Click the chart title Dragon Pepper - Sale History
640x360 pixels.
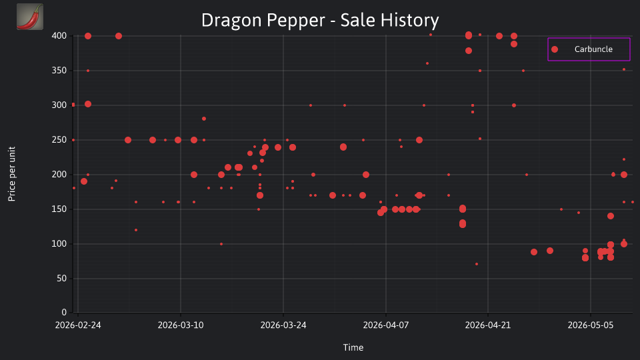click(320, 21)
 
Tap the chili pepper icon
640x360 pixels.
click(30, 17)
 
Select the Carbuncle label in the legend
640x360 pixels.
click(593, 49)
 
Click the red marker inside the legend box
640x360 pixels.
click(554, 49)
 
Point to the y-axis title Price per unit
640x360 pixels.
click(12, 174)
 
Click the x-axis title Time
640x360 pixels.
click(353, 347)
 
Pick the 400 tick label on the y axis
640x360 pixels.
click(59, 36)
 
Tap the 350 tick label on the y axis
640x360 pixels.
click(59, 71)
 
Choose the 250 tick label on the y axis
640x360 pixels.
click(59, 140)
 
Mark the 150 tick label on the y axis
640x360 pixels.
click(59, 209)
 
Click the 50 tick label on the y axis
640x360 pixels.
click(61, 279)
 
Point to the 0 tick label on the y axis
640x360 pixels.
click(64, 313)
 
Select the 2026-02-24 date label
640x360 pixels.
click(78, 325)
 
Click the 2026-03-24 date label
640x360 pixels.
click(283, 325)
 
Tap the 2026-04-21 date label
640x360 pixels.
click(488, 325)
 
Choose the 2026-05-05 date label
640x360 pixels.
click(591, 325)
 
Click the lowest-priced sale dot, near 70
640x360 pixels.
click(477, 264)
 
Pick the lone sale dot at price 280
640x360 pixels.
click(204, 119)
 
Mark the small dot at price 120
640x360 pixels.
click(136, 230)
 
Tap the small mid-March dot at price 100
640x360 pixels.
click(221, 244)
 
